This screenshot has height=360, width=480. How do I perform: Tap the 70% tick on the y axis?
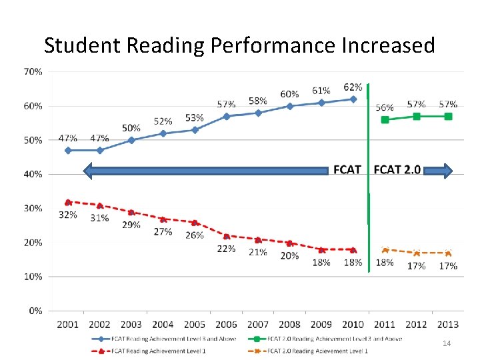(33, 71)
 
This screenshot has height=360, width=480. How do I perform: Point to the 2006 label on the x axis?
(226, 324)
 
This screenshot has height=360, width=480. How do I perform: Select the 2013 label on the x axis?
(448, 324)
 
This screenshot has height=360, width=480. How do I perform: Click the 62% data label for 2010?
(353, 87)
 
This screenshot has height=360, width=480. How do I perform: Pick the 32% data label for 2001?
(68, 215)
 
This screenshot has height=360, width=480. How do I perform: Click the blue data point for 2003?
(131, 140)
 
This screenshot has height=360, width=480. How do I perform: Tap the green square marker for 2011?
(385, 120)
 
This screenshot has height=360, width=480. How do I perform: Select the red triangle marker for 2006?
(226, 236)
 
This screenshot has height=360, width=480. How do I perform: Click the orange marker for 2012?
(417, 253)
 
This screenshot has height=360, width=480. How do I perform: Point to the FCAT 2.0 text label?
(397, 169)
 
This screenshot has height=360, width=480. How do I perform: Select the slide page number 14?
(447, 343)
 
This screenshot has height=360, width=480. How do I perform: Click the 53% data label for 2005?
(194, 118)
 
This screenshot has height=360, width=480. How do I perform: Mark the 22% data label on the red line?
(226, 249)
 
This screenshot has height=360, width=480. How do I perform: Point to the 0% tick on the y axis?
(35, 311)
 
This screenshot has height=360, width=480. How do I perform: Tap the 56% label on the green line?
(385, 107)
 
